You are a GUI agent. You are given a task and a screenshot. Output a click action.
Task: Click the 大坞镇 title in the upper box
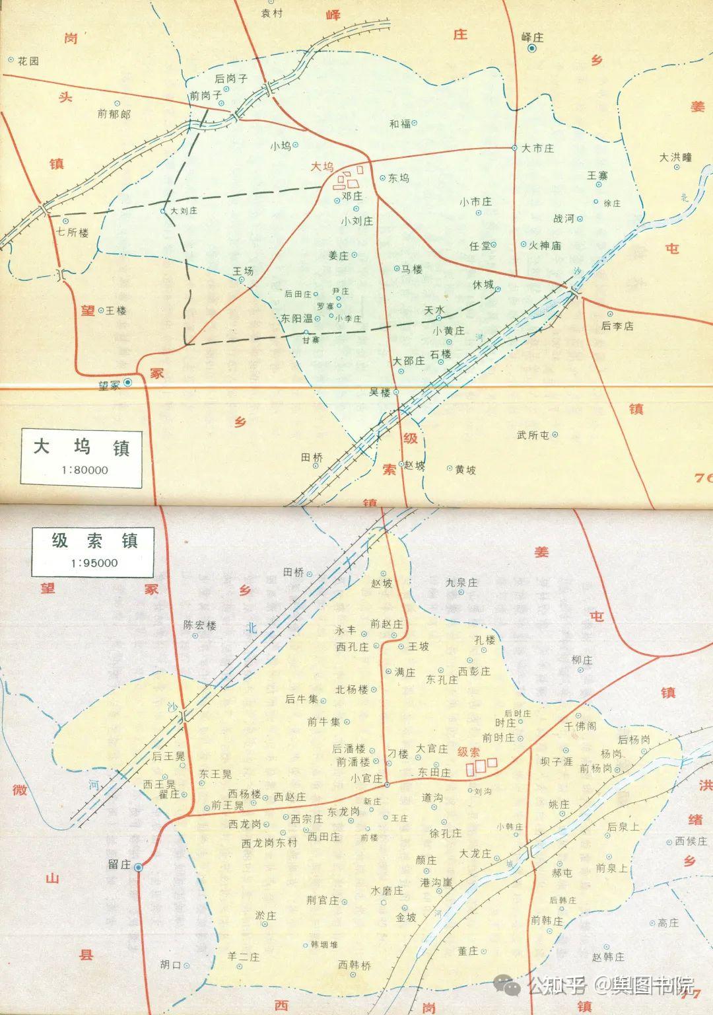point(82,447)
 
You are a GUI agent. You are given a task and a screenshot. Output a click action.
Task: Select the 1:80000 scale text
point(82,470)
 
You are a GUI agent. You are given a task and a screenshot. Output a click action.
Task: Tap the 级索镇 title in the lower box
point(95,541)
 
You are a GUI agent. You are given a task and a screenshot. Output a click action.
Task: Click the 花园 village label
point(28,61)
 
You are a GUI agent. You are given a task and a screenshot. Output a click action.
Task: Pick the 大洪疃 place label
point(675,157)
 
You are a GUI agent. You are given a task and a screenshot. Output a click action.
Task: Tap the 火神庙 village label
point(545,245)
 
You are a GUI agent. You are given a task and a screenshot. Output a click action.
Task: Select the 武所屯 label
point(533,435)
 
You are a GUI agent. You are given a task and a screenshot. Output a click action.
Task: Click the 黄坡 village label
point(465,470)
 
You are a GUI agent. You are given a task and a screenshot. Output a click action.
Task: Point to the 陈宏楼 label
point(200,624)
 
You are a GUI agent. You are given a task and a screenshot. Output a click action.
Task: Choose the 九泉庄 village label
point(461,582)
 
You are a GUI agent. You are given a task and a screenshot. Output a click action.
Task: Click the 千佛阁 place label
point(580,726)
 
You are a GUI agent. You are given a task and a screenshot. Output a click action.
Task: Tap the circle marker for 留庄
point(139,868)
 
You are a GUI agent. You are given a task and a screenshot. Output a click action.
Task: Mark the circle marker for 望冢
point(128,383)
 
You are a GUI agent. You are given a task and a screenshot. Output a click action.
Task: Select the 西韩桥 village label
point(355,965)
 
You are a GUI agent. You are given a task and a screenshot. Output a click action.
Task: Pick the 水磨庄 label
point(388,890)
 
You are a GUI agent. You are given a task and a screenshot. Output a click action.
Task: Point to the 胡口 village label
point(170,965)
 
